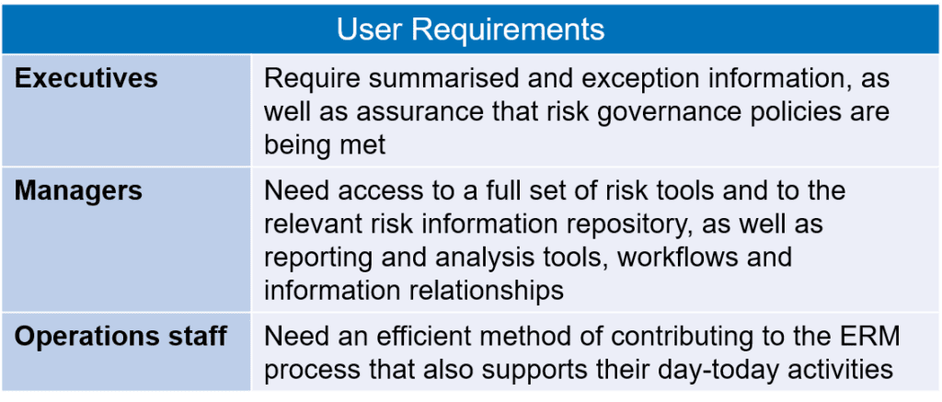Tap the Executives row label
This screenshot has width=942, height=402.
pos(86,79)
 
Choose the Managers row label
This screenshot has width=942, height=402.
pos(79,190)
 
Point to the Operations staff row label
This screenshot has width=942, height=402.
pos(121,337)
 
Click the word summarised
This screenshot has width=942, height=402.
pos(413,79)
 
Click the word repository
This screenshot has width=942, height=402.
pos(623,226)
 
